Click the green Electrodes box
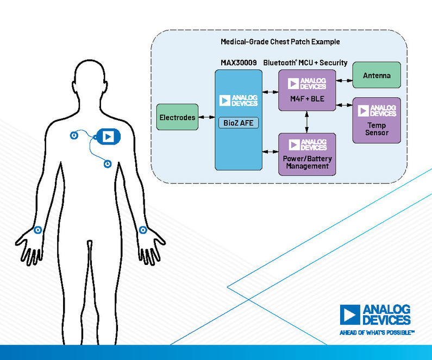(x=177, y=117)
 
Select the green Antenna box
(x=377, y=75)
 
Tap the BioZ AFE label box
(x=239, y=123)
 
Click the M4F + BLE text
(x=307, y=99)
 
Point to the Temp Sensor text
(x=377, y=129)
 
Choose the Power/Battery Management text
(x=307, y=162)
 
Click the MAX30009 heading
(x=239, y=63)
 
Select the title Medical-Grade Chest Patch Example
(x=280, y=42)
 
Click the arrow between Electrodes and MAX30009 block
(x=206, y=117)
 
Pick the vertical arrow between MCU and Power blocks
(x=307, y=122)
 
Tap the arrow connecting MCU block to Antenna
(x=344, y=81)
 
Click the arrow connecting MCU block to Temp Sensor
(x=344, y=105)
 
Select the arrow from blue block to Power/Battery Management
(x=270, y=151)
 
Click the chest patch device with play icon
(x=108, y=136)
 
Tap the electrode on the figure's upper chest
(x=74, y=135)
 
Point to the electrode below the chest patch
(x=108, y=164)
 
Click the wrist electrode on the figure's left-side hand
(x=37, y=230)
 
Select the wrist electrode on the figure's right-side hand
(x=143, y=230)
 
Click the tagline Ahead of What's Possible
(x=377, y=333)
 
